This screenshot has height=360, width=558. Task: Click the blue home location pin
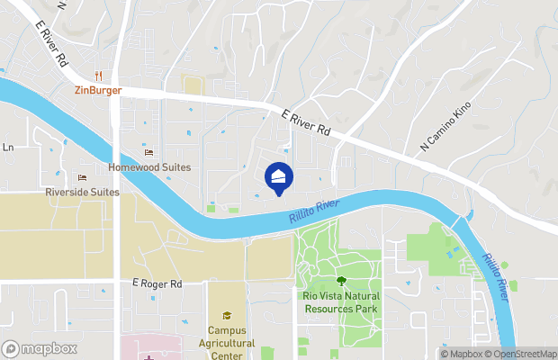point(279,177)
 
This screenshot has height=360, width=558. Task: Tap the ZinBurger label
point(98,90)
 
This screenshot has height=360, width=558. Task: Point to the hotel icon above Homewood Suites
point(149,153)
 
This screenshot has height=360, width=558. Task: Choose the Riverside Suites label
point(82,192)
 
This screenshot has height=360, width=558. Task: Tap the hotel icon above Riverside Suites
point(83,177)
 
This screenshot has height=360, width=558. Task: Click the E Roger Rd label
point(157,283)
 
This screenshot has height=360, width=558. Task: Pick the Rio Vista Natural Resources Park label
point(340,301)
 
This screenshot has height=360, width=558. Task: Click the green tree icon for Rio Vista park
point(341,282)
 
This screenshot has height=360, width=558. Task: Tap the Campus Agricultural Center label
point(226,343)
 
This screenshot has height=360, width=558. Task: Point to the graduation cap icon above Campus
point(227,315)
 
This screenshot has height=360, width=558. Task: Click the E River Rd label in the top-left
point(51,43)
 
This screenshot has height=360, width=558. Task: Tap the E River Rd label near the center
point(306,123)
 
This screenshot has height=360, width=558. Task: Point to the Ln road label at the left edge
point(8,148)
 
